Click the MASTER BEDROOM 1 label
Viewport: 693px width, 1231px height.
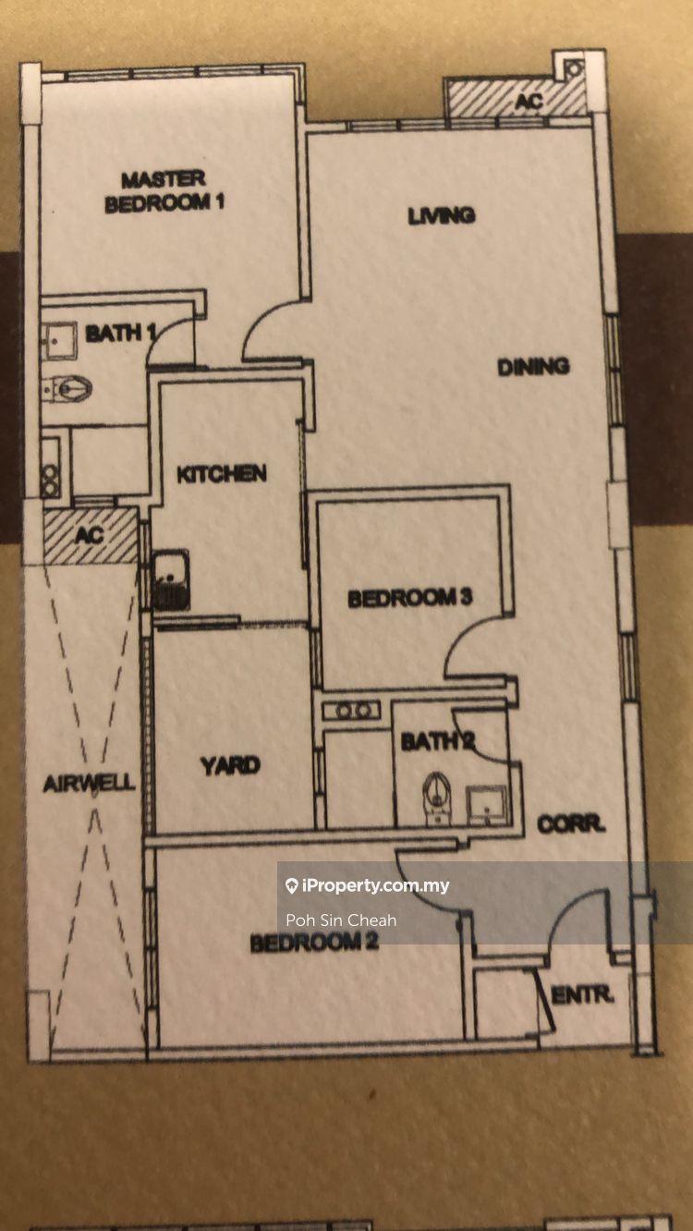[164, 191]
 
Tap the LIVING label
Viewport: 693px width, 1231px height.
[442, 215]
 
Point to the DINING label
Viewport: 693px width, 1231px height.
[533, 367]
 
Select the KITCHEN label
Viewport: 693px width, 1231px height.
[222, 474]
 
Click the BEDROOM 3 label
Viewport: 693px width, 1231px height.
[410, 598]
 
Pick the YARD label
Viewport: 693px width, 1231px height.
[230, 765]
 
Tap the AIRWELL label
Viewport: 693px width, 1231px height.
[89, 784]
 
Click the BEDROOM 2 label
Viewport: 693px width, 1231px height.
[314, 943]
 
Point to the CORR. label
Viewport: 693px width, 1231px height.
[570, 824]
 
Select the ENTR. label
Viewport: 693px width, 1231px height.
[582, 995]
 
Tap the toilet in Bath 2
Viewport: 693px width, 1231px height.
[437, 798]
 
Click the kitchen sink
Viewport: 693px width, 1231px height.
[171, 579]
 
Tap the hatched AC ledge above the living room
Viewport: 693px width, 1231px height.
[517, 98]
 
